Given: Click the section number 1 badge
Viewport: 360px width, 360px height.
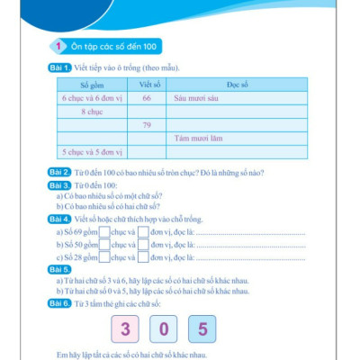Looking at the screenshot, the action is point(57,47).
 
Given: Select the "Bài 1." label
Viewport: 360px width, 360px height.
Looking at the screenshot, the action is point(61,68).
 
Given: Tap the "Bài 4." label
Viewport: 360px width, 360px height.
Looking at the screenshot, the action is point(61,220).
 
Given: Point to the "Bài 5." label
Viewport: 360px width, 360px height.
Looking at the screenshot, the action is point(61,269).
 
